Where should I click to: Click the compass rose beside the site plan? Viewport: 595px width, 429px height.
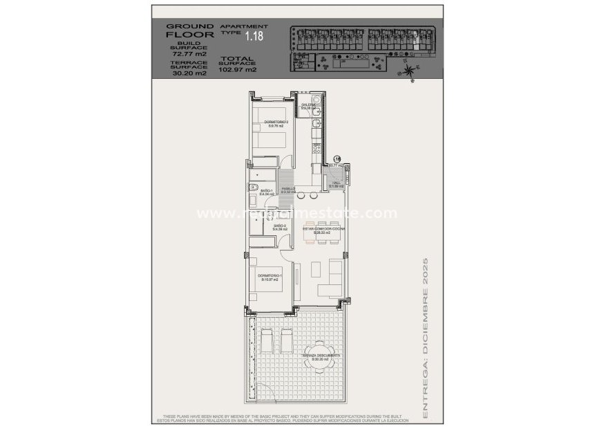tap(410, 69)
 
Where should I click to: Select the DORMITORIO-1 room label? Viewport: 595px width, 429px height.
tap(268, 277)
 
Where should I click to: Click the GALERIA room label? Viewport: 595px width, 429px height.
tap(308, 106)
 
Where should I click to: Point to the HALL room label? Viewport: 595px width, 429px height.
tap(337, 184)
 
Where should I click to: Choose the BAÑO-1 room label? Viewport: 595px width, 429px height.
tap(267, 192)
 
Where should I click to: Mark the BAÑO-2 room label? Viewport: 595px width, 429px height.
tap(280, 227)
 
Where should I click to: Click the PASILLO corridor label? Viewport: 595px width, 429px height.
tap(289, 190)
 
